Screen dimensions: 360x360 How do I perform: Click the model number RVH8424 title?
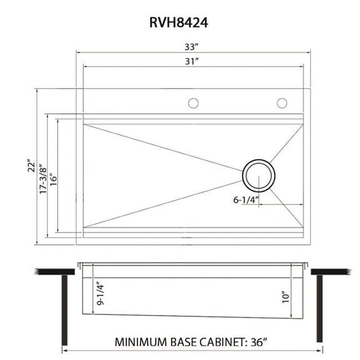179,22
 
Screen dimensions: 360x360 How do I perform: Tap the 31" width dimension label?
192,61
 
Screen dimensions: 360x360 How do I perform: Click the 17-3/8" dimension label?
42,178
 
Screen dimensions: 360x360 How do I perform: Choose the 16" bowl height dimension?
54,177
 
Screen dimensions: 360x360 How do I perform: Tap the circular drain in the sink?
257,175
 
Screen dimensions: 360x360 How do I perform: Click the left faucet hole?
194,103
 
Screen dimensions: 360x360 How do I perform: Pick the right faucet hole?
282,103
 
